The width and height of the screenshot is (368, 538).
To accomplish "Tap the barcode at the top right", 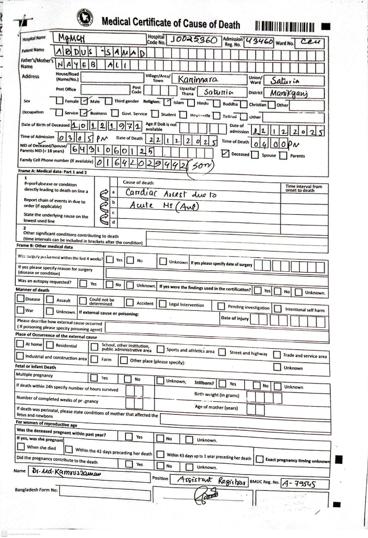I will (285, 27).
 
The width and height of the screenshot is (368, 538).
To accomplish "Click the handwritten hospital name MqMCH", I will (71, 38).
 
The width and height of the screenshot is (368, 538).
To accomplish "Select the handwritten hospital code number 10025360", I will (194, 40).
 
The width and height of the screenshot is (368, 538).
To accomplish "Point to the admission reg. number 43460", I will (259, 42).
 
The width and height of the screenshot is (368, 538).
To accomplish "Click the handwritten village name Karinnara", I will (198, 80).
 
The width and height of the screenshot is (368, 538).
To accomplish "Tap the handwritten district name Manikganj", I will (289, 93).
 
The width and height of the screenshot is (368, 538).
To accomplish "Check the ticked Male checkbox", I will (85, 101).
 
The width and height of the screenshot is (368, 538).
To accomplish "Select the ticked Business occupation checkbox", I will (85, 113).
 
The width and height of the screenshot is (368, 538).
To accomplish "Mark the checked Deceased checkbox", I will (225, 154).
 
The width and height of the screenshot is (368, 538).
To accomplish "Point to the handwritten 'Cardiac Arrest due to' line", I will (171, 194).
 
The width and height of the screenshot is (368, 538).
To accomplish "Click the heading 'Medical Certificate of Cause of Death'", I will (171, 23).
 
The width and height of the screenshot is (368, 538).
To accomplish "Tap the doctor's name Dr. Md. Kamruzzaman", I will (66, 472).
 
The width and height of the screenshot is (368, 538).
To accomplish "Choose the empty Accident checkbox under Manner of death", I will (130, 303).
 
